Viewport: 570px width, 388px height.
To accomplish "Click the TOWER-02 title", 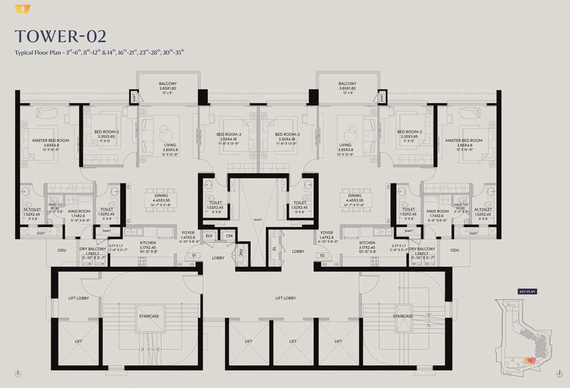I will (60, 36).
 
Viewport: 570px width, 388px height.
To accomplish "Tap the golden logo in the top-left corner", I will (22, 9).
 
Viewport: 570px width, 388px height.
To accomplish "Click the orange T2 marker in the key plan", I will (530, 361).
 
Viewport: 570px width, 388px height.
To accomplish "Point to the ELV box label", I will (209, 235).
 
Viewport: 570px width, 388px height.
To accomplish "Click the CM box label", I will (229, 235).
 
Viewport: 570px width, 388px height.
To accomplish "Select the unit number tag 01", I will (193, 256).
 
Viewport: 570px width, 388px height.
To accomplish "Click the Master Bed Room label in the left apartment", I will (50, 140).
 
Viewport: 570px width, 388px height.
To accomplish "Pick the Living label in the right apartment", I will (345, 145).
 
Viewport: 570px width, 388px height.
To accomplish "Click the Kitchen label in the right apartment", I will (367, 243).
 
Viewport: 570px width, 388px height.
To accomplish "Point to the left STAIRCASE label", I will (149, 316).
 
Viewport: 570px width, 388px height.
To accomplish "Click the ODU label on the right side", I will (454, 250).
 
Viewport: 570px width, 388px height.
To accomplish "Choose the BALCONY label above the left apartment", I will (168, 84).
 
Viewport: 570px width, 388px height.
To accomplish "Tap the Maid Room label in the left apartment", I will (79, 212).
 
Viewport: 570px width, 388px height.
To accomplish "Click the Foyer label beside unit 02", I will (327, 233).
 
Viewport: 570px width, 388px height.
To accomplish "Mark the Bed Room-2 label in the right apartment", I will (409, 132).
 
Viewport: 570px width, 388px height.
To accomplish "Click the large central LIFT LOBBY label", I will (286, 298).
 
